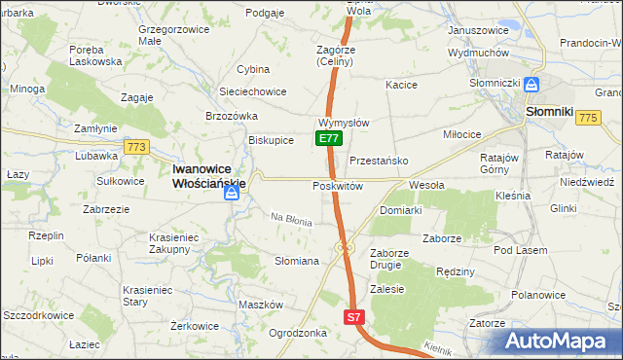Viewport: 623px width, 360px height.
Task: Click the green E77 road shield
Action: click(x=329, y=139)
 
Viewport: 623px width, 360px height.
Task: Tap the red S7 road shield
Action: click(x=355, y=317)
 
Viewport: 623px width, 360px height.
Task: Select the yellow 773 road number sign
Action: click(x=136, y=147)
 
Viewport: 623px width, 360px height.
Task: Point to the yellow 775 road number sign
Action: click(x=586, y=117)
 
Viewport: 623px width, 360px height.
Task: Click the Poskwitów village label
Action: click(x=338, y=186)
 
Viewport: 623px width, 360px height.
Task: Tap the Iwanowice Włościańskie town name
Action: click(x=208, y=174)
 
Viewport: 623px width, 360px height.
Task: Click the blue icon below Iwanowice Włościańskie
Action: click(x=232, y=193)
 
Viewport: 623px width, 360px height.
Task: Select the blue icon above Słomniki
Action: click(x=532, y=86)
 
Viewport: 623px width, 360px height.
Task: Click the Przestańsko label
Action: click(x=378, y=161)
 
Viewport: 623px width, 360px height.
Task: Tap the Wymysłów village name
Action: click(x=343, y=123)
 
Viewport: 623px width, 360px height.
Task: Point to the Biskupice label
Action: click(x=272, y=139)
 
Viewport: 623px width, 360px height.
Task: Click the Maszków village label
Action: click(x=260, y=305)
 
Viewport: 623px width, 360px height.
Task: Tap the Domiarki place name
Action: click(x=400, y=210)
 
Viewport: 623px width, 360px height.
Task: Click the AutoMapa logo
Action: click(x=562, y=341)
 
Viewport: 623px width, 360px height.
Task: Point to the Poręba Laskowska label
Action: click(x=95, y=54)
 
